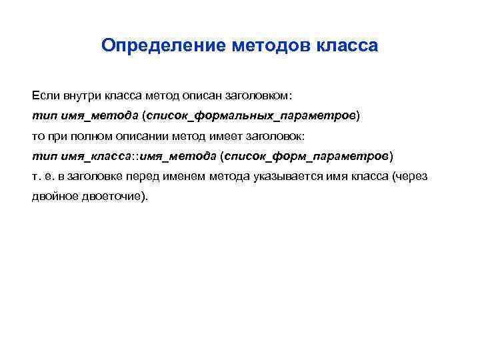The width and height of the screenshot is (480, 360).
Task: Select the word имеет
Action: (217, 135)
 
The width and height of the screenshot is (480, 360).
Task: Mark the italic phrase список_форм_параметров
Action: (307, 156)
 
